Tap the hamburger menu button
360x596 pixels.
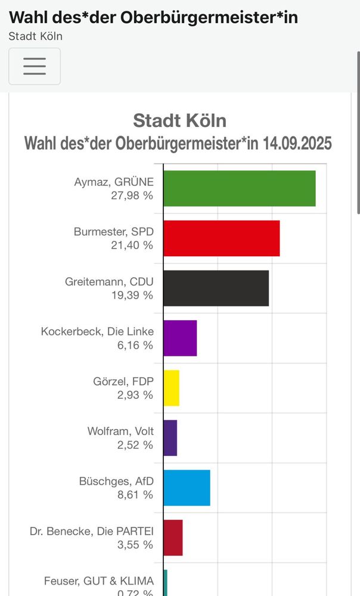[35, 66]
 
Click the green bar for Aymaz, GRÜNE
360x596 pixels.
[239, 188]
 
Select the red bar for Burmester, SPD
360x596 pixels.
[221, 238]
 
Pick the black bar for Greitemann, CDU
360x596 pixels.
[216, 288]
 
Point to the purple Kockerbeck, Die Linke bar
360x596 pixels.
[180, 338]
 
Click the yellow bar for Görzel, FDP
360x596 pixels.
[171, 388]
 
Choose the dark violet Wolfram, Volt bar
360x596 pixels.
[170, 438]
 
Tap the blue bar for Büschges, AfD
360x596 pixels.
[187, 488]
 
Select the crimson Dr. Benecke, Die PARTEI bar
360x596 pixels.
[173, 538]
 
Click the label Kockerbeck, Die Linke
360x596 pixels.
[97, 331]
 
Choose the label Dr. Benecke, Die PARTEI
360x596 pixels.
[92, 531]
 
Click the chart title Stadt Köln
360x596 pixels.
[179, 120]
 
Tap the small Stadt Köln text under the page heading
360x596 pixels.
[35, 36]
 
